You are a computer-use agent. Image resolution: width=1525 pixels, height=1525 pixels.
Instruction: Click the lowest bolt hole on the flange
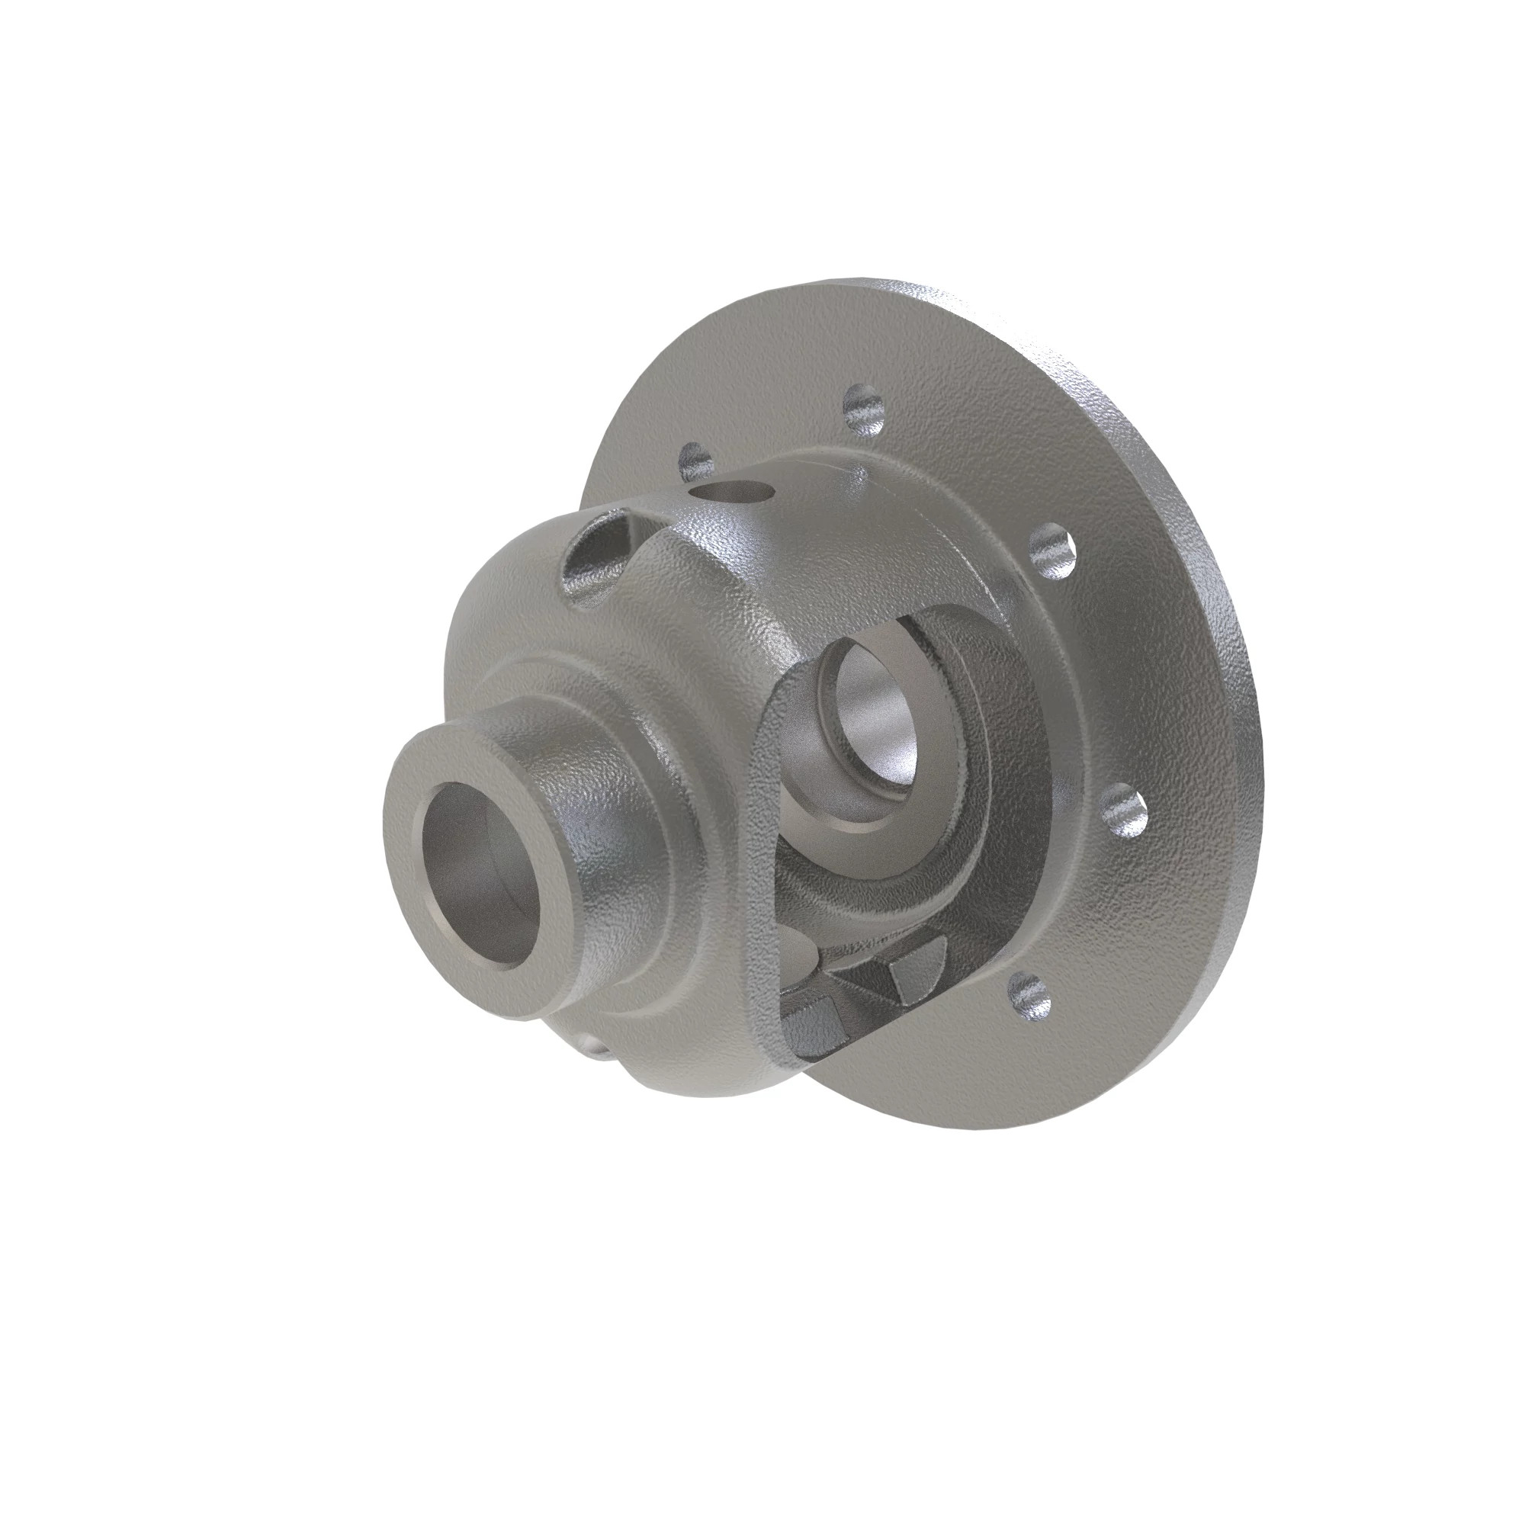point(1031,997)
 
